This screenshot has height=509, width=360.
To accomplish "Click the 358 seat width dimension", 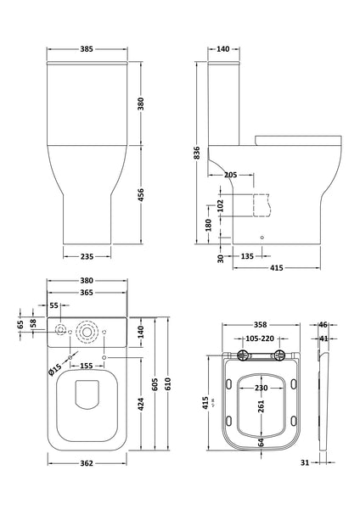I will coord(260,325).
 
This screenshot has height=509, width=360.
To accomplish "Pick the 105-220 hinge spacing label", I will coord(260,338).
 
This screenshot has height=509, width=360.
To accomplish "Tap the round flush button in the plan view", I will coord(86,330).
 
